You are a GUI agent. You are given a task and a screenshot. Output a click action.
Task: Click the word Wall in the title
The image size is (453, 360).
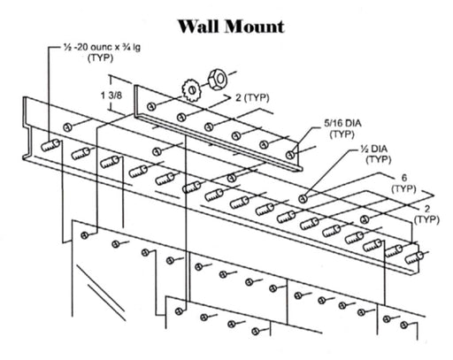(x=199, y=27)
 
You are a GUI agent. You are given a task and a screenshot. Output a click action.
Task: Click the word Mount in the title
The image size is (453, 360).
(x=255, y=27)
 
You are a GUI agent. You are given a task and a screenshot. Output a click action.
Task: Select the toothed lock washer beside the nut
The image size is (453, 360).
(x=191, y=89)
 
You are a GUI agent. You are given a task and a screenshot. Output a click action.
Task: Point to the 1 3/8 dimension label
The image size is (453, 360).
(x=111, y=96)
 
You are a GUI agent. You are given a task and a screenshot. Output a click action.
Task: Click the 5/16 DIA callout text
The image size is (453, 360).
(x=342, y=123)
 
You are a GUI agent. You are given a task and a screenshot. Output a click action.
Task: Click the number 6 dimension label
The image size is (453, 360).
(x=404, y=178)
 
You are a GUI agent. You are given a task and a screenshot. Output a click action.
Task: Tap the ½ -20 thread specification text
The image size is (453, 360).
(x=103, y=47)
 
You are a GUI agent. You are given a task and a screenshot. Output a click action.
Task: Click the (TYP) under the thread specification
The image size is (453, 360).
(x=100, y=57)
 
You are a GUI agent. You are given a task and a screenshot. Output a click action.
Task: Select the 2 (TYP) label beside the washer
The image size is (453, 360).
(x=252, y=97)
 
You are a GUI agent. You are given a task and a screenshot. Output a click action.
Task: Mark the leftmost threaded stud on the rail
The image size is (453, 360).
(x=50, y=145)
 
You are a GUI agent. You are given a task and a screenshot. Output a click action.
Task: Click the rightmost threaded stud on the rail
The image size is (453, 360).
(x=414, y=257)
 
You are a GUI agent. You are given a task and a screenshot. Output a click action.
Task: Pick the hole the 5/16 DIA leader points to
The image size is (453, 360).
(x=290, y=154)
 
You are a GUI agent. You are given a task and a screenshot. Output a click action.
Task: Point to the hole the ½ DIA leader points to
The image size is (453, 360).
(x=303, y=199)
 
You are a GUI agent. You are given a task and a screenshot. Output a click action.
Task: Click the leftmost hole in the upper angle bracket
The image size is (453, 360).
(x=151, y=106)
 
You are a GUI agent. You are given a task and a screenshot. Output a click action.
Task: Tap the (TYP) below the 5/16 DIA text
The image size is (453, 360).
(x=342, y=134)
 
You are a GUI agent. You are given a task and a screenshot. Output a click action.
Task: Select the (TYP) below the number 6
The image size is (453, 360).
(x=403, y=188)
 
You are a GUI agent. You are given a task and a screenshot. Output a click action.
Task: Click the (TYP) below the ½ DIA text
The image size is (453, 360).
(x=379, y=159)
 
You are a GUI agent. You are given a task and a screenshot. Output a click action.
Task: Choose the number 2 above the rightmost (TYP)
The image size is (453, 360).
(x=426, y=209)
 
